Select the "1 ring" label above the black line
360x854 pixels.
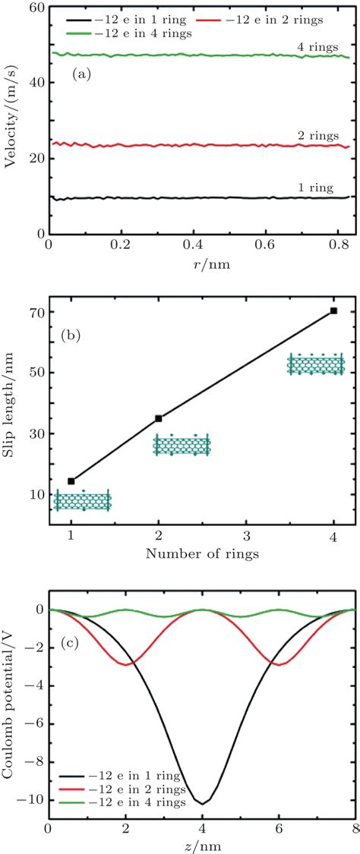click(x=317, y=187)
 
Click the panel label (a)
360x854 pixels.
click(x=82, y=74)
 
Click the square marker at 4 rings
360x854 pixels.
click(x=333, y=289)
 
